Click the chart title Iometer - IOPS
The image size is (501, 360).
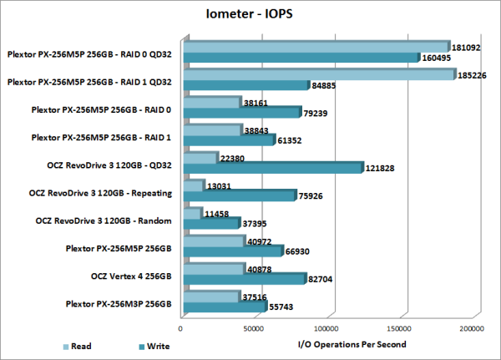pos(250,14)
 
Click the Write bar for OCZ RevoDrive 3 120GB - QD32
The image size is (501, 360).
pos(271,167)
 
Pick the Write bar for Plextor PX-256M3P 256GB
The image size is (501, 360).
pos(223,307)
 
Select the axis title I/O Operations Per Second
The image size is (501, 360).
pos(352,344)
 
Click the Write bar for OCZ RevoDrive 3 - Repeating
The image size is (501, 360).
pos(238,195)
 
